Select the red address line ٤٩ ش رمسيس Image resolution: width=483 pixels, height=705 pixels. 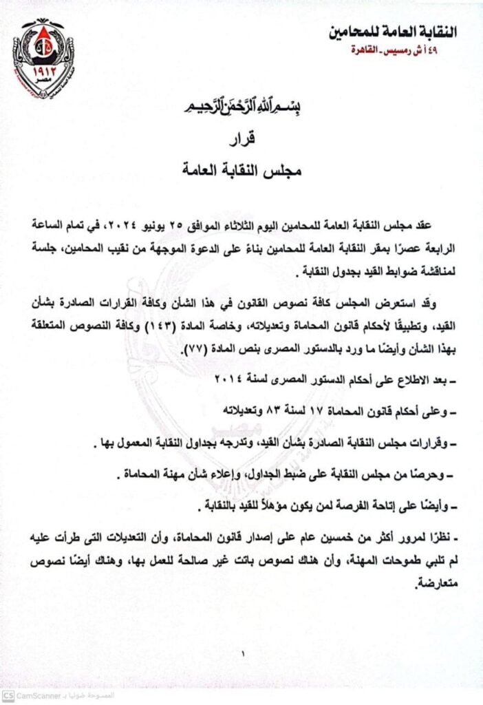point(420,51)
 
